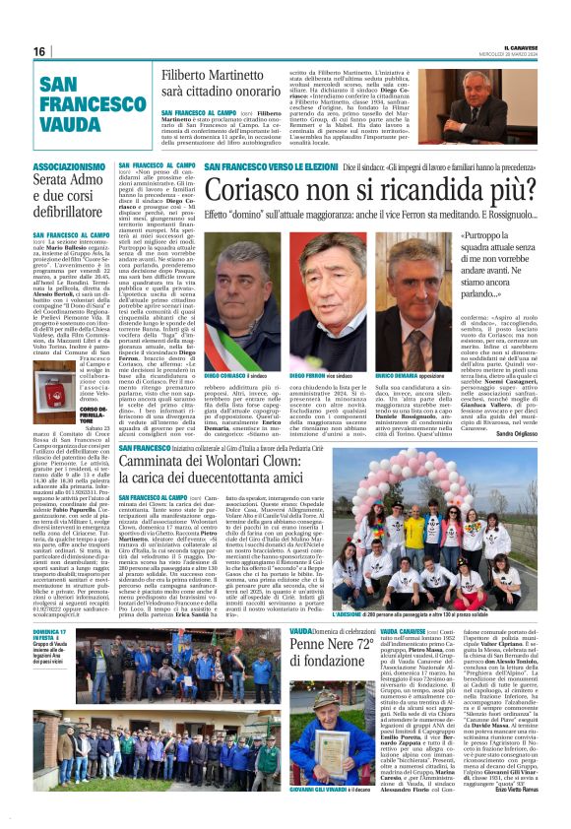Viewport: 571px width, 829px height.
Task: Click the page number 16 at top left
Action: point(38,50)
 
